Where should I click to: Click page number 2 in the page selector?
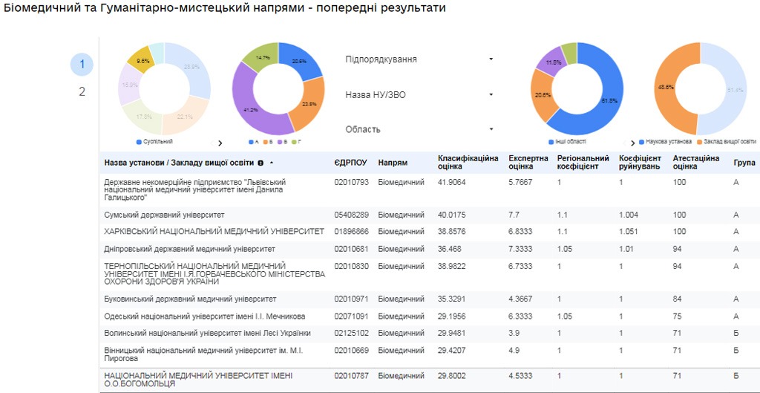[x=82, y=92]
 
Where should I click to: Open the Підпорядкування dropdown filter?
[x=419, y=59]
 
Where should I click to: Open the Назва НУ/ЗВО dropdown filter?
[x=419, y=95]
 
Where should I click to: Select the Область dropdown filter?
[x=419, y=129]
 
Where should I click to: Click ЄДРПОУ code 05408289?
[x=350, y=215]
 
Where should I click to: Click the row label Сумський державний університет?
[x=164, y=215]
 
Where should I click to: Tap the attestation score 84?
[x=678, y=299]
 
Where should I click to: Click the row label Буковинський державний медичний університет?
[x=190, y=299]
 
